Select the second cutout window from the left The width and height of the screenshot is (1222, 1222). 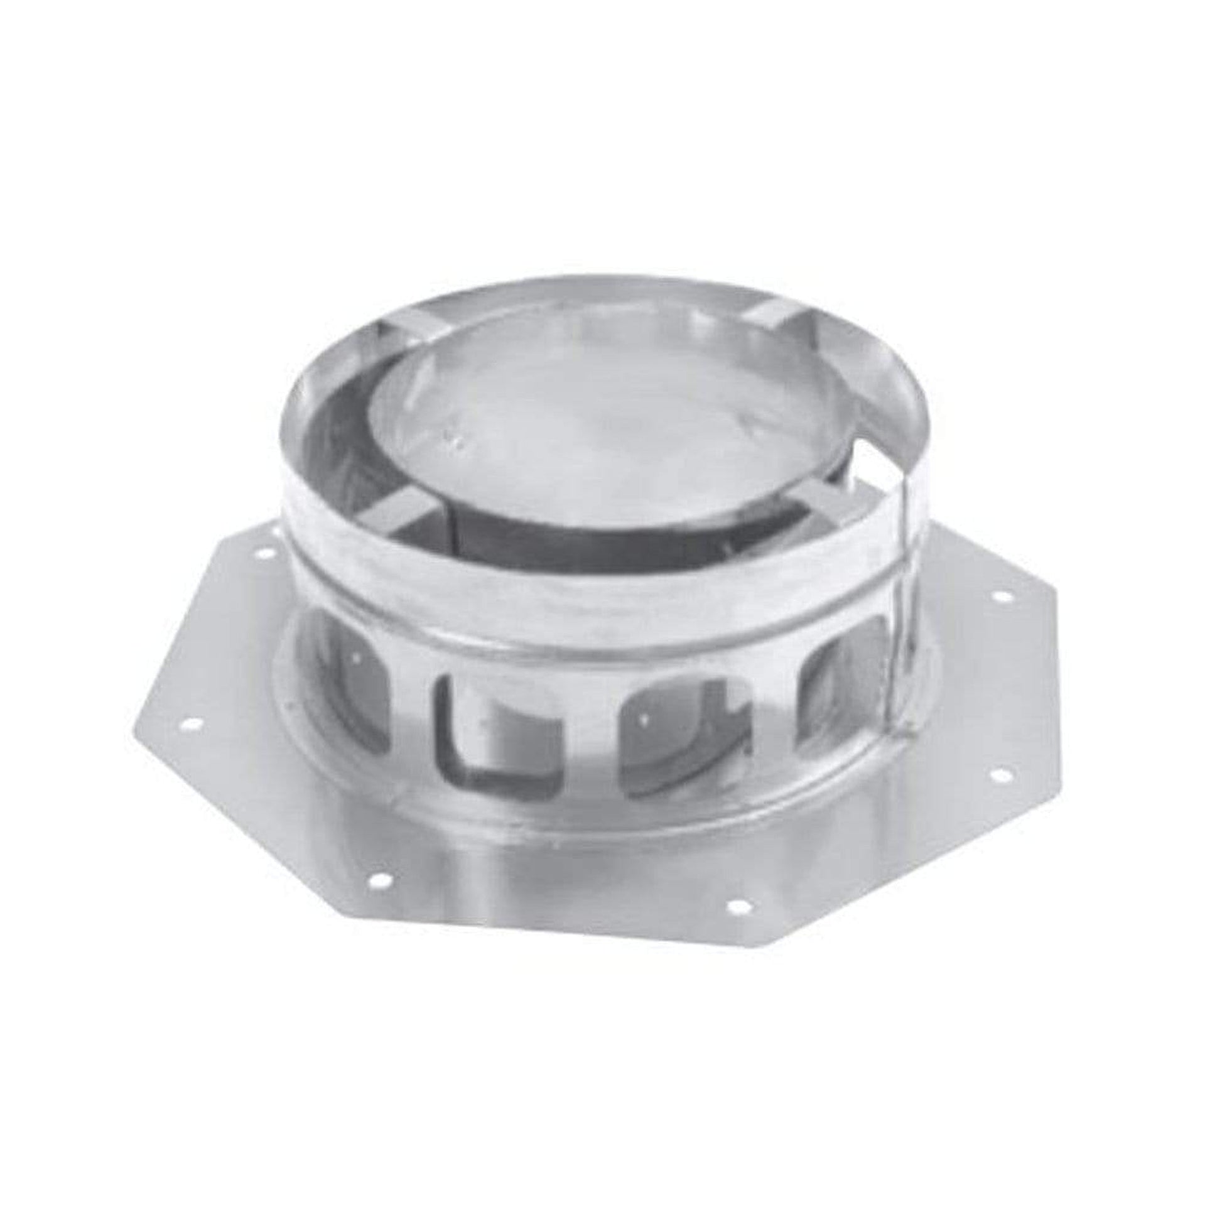(500, 733)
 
